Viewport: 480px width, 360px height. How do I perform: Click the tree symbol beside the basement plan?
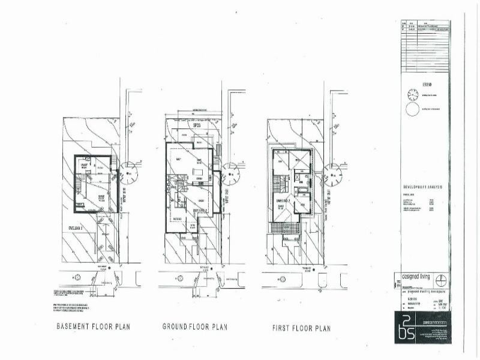click(x=128, y=175)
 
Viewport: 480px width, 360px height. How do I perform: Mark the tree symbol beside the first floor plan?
click(x=332, y=175)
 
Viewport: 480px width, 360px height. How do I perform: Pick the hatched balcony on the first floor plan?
click(x=286, y=229)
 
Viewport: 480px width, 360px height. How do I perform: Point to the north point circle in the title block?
click(x=441, y=280)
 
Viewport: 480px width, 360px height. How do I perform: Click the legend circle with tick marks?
click(x=412, y=94)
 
